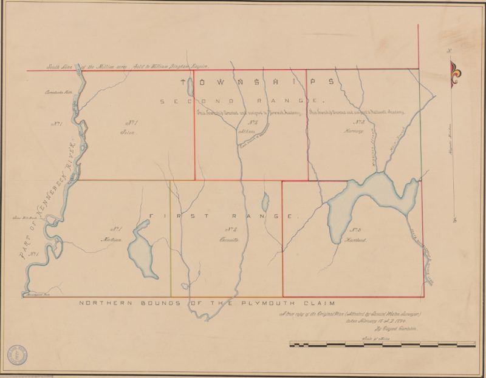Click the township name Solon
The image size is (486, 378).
point(126,131)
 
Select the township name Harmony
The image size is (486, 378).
point(354,130)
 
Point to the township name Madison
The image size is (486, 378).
point(116,240)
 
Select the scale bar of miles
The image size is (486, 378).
point(383,345)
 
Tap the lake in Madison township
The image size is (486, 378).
point(142,249)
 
